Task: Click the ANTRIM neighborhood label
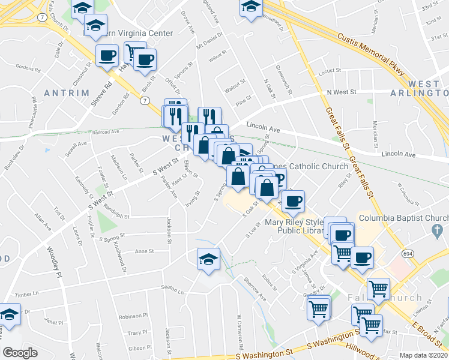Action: (66, 93)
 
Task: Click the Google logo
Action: (20, 353)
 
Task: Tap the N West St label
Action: (342, 92)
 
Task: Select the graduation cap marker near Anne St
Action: (208, 259)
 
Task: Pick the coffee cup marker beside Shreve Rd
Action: (107, 57)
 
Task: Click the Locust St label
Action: (330, 71)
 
